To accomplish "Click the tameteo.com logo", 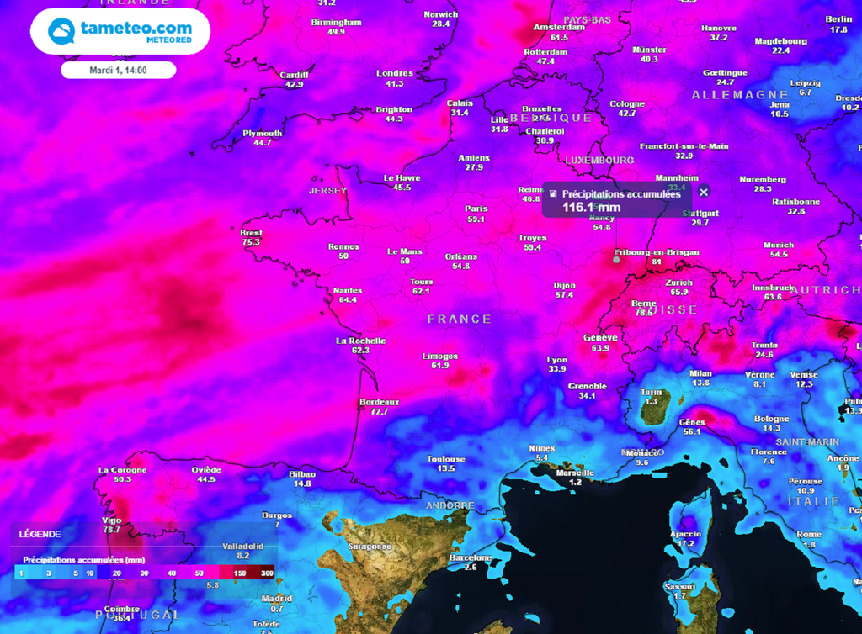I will coord(120,31).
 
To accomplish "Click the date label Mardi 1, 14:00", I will coord(118,70).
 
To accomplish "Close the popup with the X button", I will coord(704,192).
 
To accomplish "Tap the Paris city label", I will coord(476,209).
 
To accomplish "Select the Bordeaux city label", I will coord(379,402).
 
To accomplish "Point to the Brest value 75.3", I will coord(251,242).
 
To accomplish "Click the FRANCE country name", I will coord(459,319).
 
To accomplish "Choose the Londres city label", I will coord(394,73).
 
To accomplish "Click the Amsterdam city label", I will coord(559,27).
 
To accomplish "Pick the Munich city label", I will coord(779,245).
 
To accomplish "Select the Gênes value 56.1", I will coord(691,431).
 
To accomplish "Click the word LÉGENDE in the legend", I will coord(40,533).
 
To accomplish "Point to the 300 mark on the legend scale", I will coord(266,573).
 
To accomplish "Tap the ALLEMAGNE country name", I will coord(740,95).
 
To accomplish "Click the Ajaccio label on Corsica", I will coord(685,534).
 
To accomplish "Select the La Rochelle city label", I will coord(360,341).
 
